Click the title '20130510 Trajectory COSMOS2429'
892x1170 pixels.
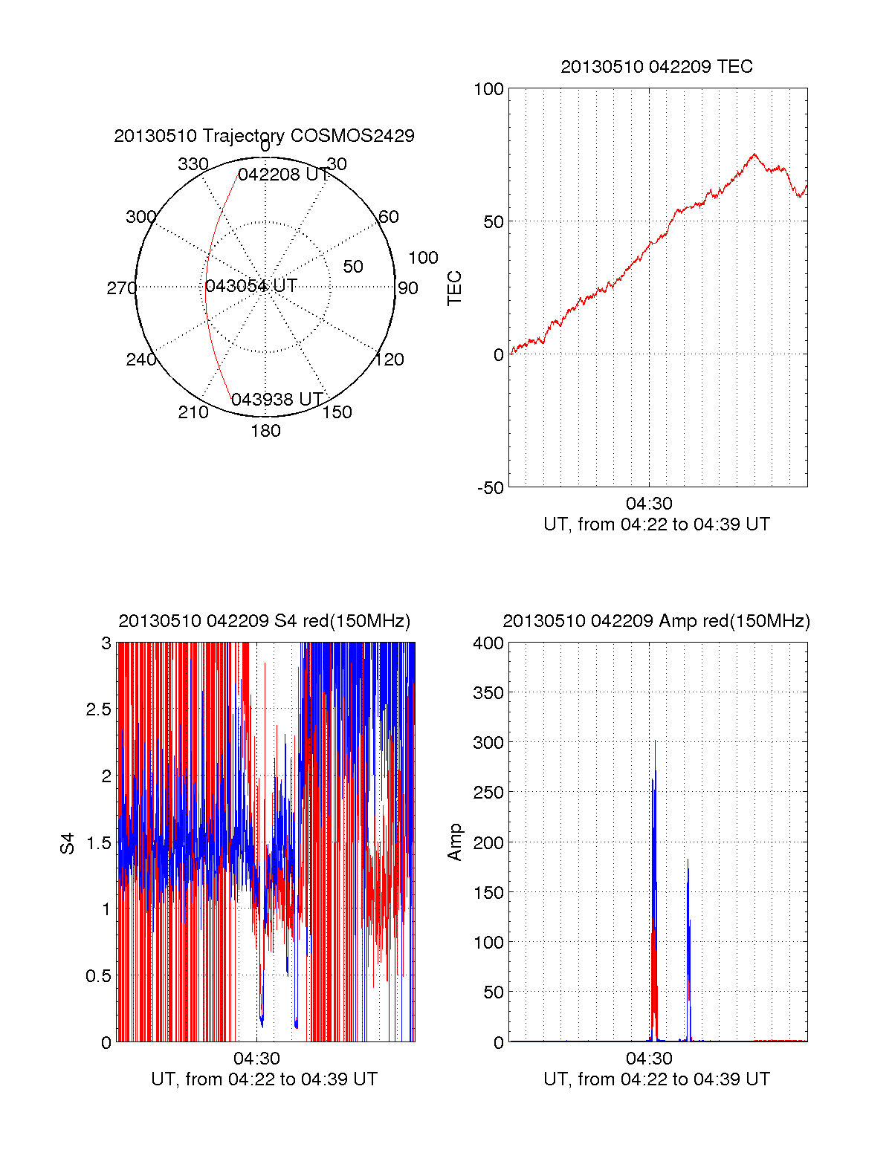pyautogui.click(x=264, y=136)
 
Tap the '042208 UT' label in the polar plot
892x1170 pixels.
pyautogui.click(x=283, y=175)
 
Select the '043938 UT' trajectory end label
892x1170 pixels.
pyautogui.click(x=277, y=400)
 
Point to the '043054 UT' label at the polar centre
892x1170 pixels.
pyautogui.click(x=251, y=286)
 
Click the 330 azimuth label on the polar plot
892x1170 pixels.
pyautogui.click(x=193, y=164)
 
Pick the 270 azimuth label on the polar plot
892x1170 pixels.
pyautogui.click(x=121, y=288)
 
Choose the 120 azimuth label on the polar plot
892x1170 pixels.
pyautogui.click(x=390, y=360)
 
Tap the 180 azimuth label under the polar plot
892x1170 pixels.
pyautogui.click(x=265, y=431)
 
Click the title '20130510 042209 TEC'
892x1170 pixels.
pyautogui.click(x=656, y=67)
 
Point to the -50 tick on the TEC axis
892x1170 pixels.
pyautogui.click(x=491, y=488)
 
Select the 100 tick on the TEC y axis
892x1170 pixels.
pyautogui.click(x=488, y=89)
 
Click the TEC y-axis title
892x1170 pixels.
pyautogui.click(x=454, y=288)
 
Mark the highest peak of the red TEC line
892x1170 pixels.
pyautogui.click(x=754, y=154)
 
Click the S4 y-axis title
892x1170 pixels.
pyautogui.click(x=68, y=843)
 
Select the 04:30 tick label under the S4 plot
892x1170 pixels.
pyautogui.click(x=256, y=1059)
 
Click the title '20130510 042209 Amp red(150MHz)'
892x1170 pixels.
pyautogui.click(x=656, y=621)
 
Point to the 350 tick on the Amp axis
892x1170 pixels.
pyautogui.click(x=488, y=693)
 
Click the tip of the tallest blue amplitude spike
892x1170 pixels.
pyautogui.click(x=655, y=741)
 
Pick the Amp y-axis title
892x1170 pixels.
pyautogui.click(x=454, y=842)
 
